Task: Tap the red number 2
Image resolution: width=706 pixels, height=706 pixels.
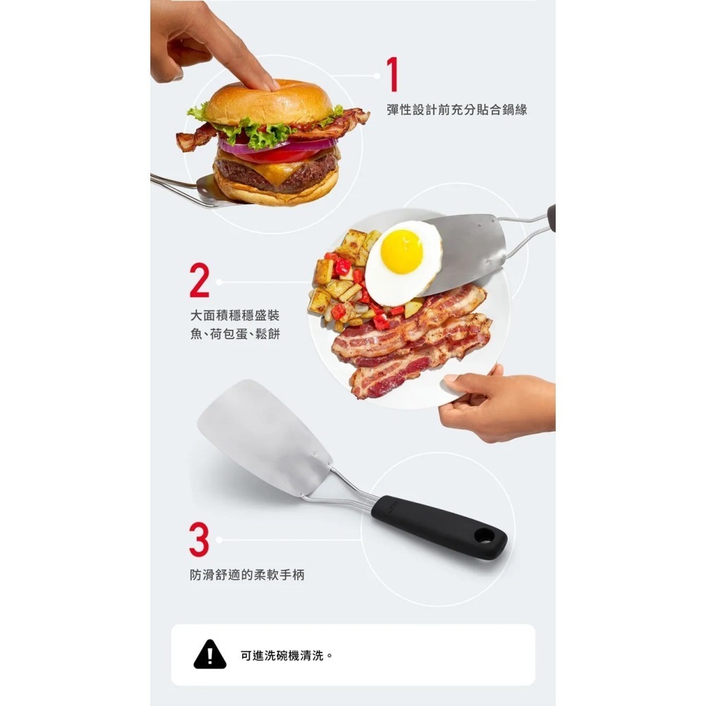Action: (x=200, y=280)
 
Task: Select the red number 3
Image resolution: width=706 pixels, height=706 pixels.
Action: (x=200, y=539)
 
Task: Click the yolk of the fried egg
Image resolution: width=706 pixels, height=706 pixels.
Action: (x=402, y=252)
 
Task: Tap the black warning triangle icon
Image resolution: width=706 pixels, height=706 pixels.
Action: (x=210, y=654)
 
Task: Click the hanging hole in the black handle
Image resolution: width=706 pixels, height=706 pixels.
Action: (x=484, y=535)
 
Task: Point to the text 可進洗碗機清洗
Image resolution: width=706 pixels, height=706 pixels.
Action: (x=282, y=656)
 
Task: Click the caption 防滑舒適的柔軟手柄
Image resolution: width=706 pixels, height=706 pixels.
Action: (x=247, y=575)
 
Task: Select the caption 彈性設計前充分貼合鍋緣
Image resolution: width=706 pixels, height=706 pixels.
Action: (x=457, y=109)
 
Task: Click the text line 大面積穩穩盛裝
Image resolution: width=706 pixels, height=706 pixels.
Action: (x=235, y=315)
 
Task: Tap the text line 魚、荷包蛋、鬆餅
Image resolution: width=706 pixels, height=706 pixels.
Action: (x=235, y=334)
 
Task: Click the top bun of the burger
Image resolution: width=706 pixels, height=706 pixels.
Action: (x=269, y=102)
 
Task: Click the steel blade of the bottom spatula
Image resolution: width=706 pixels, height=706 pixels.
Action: (x=265, y=438)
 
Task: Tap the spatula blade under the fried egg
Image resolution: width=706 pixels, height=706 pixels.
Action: (x=464, y=253)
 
